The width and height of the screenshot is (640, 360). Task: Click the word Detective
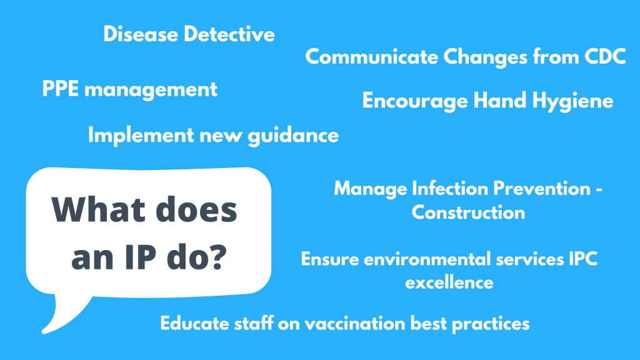point(229,34)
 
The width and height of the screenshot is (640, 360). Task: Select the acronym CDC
point(605,56)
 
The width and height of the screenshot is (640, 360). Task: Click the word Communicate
point(371,56)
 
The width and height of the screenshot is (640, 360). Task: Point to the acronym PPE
point(61,89)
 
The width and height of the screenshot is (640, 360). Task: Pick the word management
point(151,90)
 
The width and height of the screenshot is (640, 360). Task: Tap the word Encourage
point(415,101)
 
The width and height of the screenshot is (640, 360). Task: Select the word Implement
point(141,136)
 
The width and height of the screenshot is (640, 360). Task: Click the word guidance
point(294,136)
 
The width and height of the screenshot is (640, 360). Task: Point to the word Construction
point(468,212)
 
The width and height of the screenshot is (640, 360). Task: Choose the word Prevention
point(542,189)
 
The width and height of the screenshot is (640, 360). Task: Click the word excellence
point(449,282)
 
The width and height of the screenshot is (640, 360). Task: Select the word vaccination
point(355,323)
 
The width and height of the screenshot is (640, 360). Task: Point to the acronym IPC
point(583,259)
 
